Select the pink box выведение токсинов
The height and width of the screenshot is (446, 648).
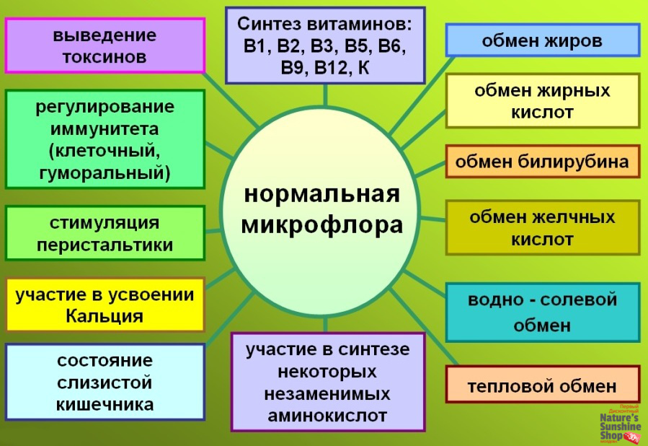click(105, 45)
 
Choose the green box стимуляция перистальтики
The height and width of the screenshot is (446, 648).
click(105, 232)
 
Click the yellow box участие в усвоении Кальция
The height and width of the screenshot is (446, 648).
click(105, 305)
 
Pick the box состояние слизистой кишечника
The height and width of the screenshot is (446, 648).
click(105, 382)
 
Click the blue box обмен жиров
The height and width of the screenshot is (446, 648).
click(542, 40)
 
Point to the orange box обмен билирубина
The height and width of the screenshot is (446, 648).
click(542, 161)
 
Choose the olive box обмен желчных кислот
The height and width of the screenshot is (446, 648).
click(542, 228)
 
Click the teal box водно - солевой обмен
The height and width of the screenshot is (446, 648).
click(542, 312)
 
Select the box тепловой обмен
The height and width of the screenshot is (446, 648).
click(542, 385)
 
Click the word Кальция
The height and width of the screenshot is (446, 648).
click(104, 316)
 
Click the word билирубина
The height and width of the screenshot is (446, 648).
click(577, 161)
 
